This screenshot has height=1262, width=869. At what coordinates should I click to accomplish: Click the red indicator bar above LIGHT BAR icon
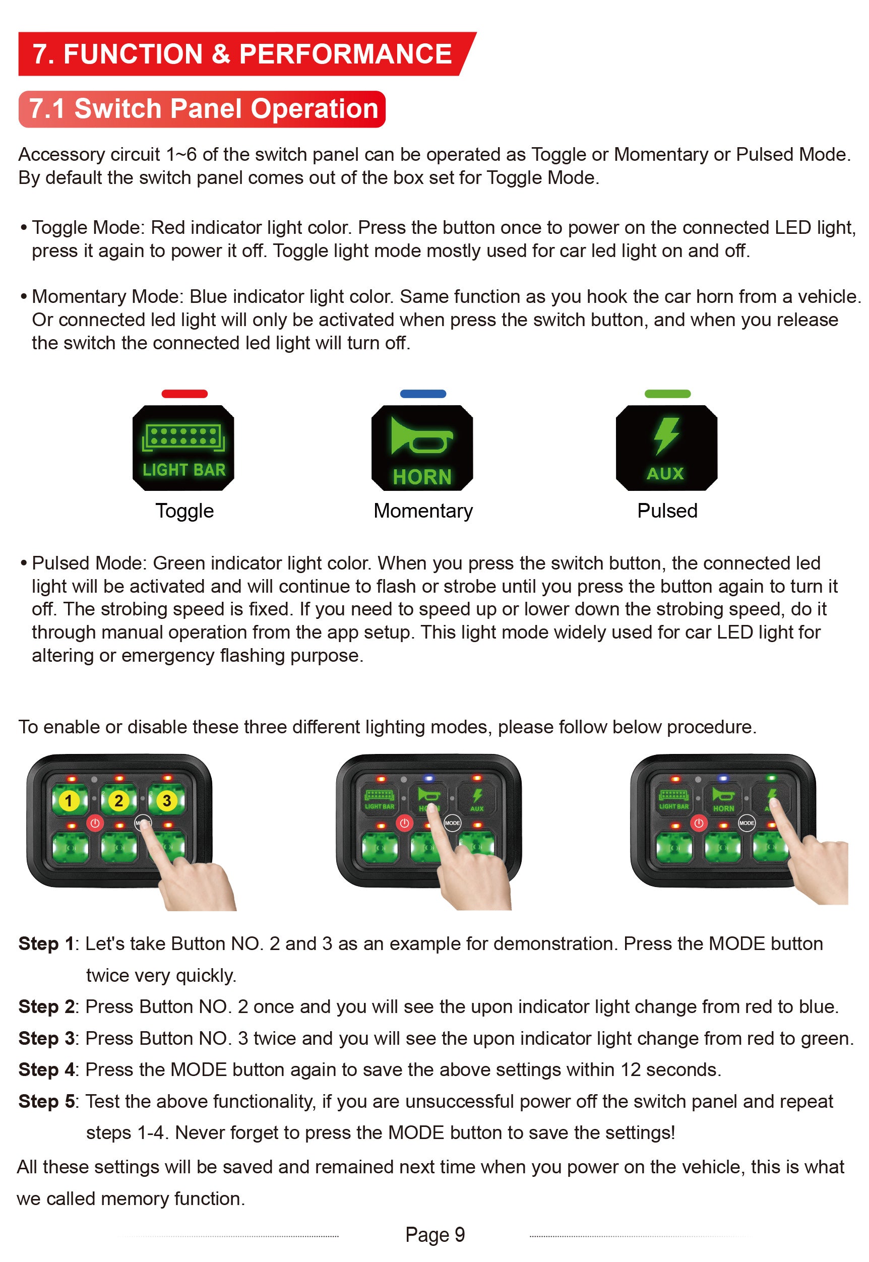tap(184, 394)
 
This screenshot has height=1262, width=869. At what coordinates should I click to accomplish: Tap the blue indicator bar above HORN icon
tap(423, 394)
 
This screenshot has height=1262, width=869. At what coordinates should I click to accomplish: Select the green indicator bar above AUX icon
tap(667, 394)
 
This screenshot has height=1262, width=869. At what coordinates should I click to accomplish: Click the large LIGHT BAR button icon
tap(183, 448)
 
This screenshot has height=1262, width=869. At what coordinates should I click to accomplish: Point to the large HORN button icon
tap(422, 448)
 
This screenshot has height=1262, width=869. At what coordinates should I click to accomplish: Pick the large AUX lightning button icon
tap(666, 448)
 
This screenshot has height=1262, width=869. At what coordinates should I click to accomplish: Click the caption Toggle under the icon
tap(184, 511)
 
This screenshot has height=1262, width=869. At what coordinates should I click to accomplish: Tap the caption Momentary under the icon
tap(423, 511)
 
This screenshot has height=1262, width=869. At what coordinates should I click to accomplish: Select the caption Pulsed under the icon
tap(667, 511)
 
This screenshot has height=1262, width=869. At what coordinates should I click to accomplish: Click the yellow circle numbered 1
tap(68, 800)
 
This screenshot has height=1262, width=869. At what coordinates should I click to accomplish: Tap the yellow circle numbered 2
tap(118, 800)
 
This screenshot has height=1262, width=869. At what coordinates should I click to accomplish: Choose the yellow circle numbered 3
tap(167, 800)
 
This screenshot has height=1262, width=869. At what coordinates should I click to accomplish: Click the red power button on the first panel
tap(95, 823)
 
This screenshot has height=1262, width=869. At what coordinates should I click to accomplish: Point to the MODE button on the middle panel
tap(452, 823)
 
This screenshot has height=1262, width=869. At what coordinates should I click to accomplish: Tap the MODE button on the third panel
tap(747, 823)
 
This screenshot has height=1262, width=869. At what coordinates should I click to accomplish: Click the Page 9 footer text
tap(435, 1235)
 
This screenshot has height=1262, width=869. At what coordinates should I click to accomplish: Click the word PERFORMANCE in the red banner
tap(346, 54)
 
